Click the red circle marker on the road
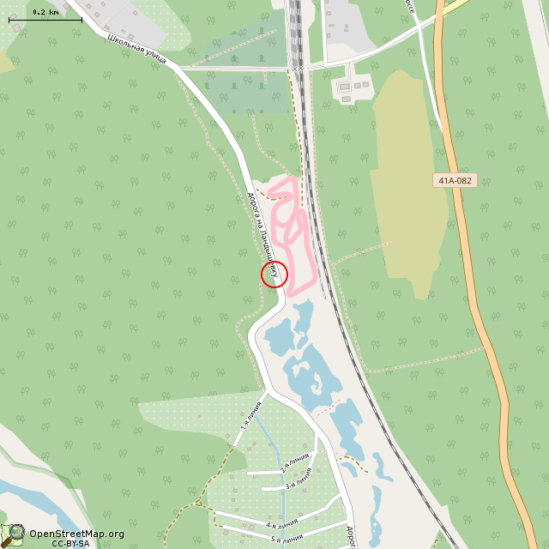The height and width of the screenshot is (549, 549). point(274,274)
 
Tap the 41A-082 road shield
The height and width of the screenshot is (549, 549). point(455,181)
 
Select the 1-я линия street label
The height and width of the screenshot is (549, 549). point(250,416)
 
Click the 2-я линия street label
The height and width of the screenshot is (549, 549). point(295,464)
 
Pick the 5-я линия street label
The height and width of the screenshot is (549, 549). point(287,539)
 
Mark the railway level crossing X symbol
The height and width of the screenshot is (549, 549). point(296,68)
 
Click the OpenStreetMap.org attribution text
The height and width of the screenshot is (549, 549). point(76,534)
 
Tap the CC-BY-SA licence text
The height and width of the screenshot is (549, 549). point(70,543)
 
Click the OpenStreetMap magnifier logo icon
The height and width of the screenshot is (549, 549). point(14,534)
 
